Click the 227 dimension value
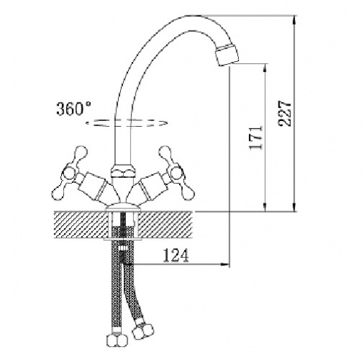(285, 113)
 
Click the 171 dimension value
(256, 138)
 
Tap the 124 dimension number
(175, 255)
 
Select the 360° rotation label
(74, 109)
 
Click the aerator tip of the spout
(227, 55)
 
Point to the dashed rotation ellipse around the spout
(127, 123)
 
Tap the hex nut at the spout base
(123, 171)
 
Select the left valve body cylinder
(92, 186)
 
